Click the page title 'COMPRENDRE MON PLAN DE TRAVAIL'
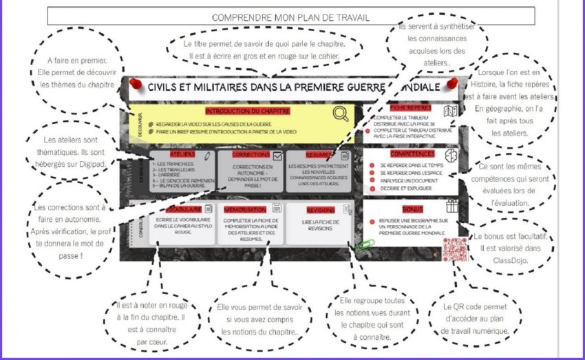point(291,17)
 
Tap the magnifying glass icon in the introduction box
point(340,114)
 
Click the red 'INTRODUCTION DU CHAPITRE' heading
point(247,110)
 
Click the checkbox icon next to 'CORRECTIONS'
point(277,156)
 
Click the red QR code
point(454,249)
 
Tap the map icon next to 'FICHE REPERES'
point(451,110)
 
